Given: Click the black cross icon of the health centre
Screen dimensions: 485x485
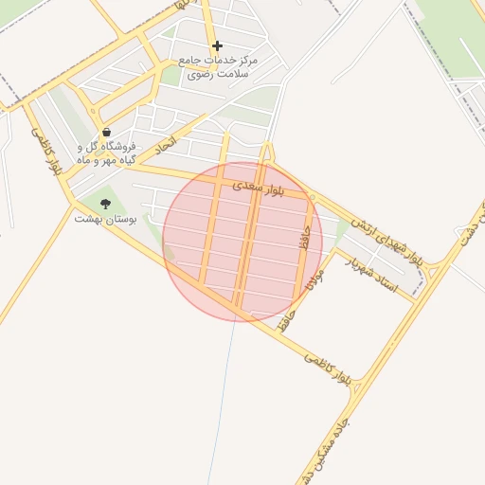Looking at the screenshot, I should coord(217,45).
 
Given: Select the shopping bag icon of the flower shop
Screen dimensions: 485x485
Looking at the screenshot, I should coord(105,133).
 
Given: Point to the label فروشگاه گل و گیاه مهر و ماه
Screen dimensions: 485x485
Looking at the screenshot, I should coord(105,153).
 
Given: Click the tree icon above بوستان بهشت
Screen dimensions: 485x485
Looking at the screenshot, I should coord(105,204).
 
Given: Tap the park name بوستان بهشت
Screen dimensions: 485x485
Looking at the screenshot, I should coord(106,219).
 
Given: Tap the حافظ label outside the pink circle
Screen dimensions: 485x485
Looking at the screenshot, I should coord(286,317).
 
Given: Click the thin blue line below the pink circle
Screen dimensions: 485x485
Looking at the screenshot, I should coord(224,398).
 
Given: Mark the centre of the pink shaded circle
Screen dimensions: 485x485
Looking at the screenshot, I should coord(242,242).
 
